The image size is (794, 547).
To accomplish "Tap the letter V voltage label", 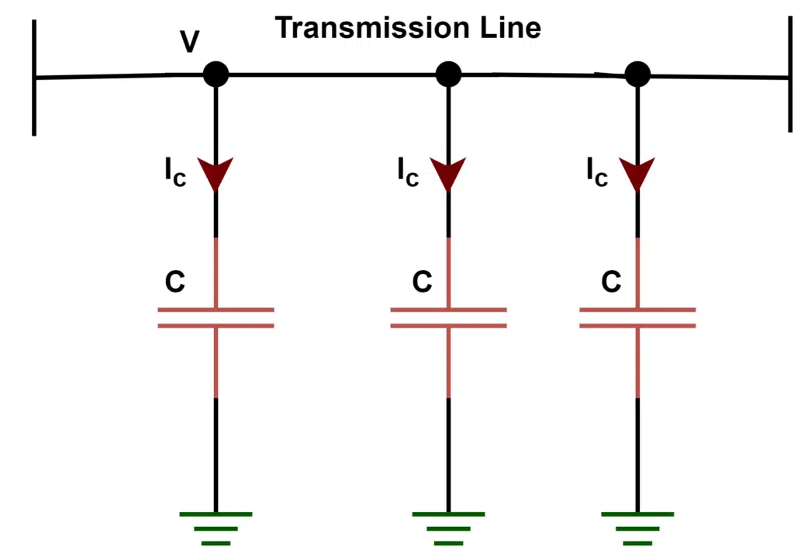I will tap(188, 43).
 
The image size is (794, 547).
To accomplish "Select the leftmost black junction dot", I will tap(216, 74).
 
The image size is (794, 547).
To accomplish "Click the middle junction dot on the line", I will tap(448, 74).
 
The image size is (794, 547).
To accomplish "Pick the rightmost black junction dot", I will tap(637, 74).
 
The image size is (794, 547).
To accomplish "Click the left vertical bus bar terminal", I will tap(34, 78).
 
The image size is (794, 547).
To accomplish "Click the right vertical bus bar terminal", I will tap(789, 78).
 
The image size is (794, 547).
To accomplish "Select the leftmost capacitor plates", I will tap(216, 317).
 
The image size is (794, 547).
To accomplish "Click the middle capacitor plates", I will tap(448, 317).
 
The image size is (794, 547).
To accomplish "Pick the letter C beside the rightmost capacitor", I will tap(611, 282).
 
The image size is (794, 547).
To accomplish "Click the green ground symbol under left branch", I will tap(216, 527).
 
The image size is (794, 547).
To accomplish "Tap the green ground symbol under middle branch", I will tap(448, 527).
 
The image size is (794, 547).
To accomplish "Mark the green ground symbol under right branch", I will tap(637, 527).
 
